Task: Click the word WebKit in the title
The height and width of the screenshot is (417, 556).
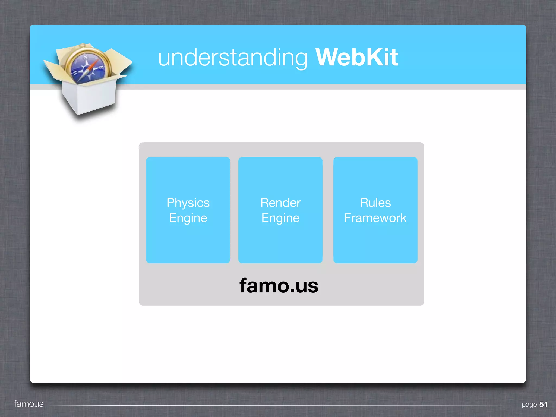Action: point(356,57)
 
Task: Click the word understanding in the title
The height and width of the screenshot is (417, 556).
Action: point(233,58)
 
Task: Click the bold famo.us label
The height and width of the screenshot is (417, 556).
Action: point(279,286)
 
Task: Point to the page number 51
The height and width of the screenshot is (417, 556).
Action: point(543,405)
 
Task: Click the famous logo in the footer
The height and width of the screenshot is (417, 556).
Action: point(29,404)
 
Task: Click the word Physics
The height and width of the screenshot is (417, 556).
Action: point(188,203)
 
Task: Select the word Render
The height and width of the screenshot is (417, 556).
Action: point(280,203)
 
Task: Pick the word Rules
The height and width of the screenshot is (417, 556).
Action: point(375,203)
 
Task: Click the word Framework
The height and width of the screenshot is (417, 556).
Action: point(375,218)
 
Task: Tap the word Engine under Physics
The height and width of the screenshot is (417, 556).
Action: point(188,218)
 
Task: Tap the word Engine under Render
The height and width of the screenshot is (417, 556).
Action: point(280,218)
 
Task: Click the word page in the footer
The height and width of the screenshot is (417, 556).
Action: point(529,405)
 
